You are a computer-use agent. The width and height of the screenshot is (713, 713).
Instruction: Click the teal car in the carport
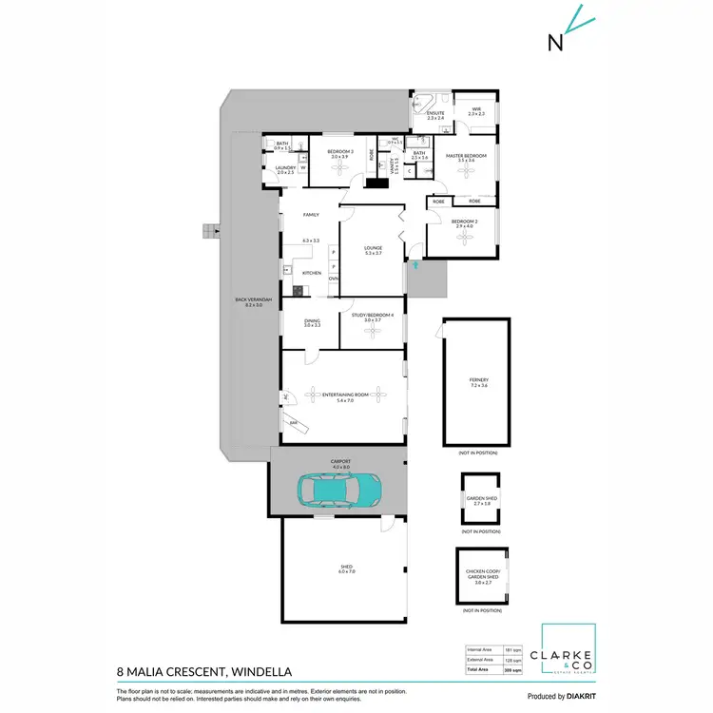(341, 491)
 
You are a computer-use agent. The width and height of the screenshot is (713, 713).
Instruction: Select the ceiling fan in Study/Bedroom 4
(373, 333)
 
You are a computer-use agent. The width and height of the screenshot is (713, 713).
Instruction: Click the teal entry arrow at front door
(414, 267)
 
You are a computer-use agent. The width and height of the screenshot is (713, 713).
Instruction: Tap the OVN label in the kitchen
(334, 279)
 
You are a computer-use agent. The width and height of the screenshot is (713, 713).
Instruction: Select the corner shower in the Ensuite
(422, 103)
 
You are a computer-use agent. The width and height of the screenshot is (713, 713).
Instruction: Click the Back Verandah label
(253, 301)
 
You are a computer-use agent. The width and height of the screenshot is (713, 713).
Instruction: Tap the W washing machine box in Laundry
(303, 168)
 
